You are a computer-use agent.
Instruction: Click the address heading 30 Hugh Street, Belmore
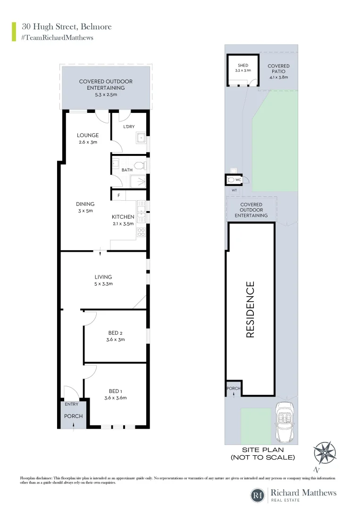click(67, 26)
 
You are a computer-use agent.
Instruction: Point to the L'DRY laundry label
click(129, 127)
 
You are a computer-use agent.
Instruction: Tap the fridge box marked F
click(118, 195)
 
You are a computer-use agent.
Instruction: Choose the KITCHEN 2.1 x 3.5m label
click(123, 220)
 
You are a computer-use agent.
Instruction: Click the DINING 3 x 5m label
click(85, 207)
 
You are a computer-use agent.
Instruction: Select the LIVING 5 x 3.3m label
click(103, 280)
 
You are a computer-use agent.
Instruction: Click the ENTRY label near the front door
click(71, 404)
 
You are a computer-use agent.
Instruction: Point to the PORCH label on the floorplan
click(74, 416)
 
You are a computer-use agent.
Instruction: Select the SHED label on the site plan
click(243, 66)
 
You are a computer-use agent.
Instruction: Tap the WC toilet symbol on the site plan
click(231, 180)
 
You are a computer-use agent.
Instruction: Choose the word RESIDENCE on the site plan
click(250, 309)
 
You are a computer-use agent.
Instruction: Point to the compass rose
click(325, 453)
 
